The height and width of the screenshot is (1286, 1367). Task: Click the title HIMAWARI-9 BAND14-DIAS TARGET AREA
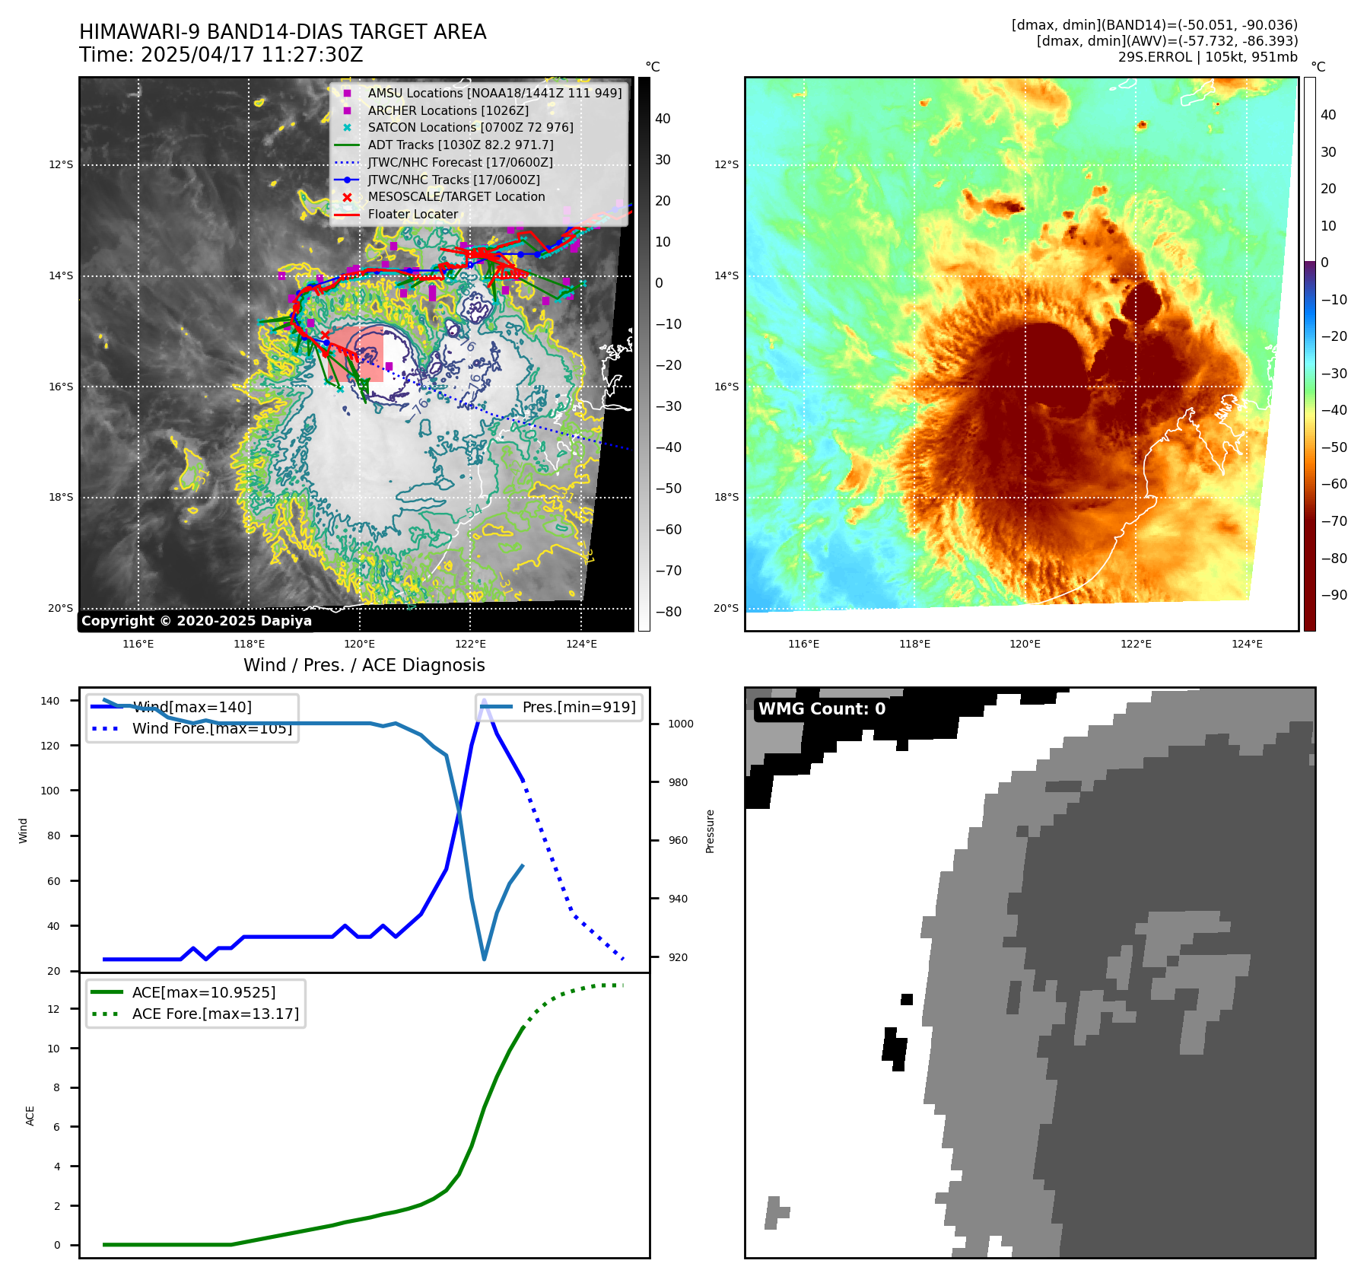point(282,32)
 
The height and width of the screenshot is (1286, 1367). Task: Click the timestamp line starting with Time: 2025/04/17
point(221,55)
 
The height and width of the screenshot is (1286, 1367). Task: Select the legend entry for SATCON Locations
point(470,127)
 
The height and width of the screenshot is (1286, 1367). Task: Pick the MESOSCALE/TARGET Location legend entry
point(456,196)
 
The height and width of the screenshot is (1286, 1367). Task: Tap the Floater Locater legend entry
point(412,214)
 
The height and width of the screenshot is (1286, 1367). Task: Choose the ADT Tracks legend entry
point(460,145)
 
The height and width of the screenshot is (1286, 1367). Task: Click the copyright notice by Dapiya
point(196,621)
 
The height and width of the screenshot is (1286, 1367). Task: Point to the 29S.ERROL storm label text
point(1207,57)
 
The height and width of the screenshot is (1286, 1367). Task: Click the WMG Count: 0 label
point(822,709)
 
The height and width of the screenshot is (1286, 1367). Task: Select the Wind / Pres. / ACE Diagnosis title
point(364,665)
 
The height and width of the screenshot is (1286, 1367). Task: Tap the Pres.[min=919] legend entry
point(578,707)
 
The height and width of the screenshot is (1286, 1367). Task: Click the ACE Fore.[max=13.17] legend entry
point(215,1014)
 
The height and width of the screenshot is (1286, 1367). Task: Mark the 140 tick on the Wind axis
point(50,701)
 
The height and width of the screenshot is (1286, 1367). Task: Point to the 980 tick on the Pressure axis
point(680,782)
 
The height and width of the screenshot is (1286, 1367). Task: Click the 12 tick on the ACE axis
point(53,1009)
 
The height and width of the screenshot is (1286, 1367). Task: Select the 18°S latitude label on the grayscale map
point(61,497)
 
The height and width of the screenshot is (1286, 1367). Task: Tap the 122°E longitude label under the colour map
point(1136,644)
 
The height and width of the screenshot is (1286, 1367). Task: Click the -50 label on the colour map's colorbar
point(1334,447)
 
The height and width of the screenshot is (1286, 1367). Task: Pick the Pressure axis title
point(710,831)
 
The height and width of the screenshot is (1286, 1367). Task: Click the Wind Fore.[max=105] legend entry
point(211,728)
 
